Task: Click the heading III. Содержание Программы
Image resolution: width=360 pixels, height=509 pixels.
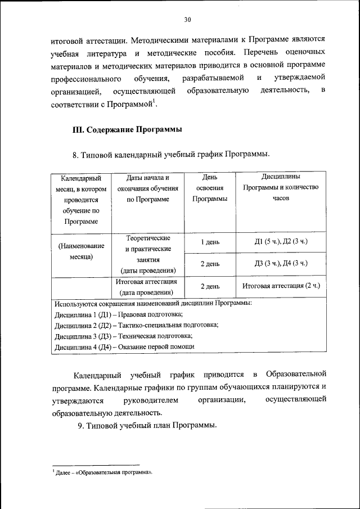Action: pyautogui.click(x=128, y=129)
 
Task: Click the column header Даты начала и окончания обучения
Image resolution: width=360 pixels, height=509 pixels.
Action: pyautogui.click(x=148, y=188)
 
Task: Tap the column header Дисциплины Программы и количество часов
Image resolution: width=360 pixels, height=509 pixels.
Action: pyautogui.click(x=280, y=188)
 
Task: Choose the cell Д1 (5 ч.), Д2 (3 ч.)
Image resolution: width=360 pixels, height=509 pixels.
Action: pyautogui.click(x=281, y=242)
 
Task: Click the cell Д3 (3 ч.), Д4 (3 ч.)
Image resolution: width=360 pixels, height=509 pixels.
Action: pyautogui.click(x=281, y=263)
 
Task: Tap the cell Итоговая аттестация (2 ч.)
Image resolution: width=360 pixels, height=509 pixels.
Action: pyautogui.click(x=281, y=286)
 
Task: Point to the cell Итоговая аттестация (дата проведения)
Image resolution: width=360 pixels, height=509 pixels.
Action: pyautogui.click(x=148, y=287)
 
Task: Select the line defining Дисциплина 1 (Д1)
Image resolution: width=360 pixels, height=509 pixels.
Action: pyautogui.click(x=118, y=314)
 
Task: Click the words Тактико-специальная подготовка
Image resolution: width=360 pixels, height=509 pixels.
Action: pyautogui.click(x=169, y=325)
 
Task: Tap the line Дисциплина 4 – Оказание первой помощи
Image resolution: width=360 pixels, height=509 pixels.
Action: pyautogui.click(x=124, y=346)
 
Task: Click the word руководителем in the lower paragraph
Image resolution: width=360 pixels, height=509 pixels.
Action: pyautogui.click(x=150, y=400)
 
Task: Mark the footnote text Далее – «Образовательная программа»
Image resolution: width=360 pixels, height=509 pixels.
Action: pyautogui.click(x=103, y=473)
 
